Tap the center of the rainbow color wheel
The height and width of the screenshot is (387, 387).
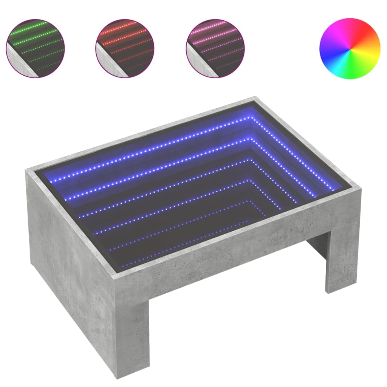(x=350, y=48)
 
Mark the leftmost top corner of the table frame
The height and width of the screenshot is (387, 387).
(x=27, y=171)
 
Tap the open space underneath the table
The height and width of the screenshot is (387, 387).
(x=227, y=302)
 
